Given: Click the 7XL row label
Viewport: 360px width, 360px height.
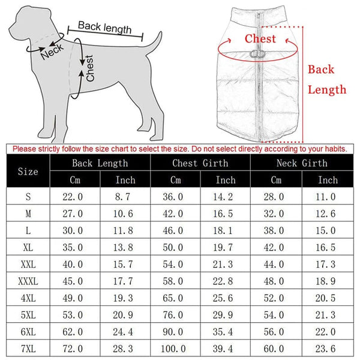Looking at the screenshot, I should click(28, 347).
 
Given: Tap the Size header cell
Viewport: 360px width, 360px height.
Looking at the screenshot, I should click(28, 172).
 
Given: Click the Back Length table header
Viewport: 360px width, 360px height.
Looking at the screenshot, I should click(100, 163).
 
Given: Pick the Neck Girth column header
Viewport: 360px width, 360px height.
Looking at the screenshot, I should click(302, 163).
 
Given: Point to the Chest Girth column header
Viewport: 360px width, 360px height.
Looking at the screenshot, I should click(200, 163).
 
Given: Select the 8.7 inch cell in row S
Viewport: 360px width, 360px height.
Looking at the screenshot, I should click(125, 196).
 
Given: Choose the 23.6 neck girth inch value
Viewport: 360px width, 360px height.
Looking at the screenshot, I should click(328, 347).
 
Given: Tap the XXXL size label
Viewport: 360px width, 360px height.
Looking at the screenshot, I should click(28, 280).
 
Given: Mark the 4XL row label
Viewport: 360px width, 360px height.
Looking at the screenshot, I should click(28, 297).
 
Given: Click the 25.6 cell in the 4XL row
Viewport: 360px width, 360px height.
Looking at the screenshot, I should click(226, 297).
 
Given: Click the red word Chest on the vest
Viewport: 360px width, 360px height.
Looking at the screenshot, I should click(260, 40).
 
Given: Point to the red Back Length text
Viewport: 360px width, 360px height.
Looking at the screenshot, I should click(327, 79).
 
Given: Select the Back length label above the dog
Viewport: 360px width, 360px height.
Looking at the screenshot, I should click(106, 28).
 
